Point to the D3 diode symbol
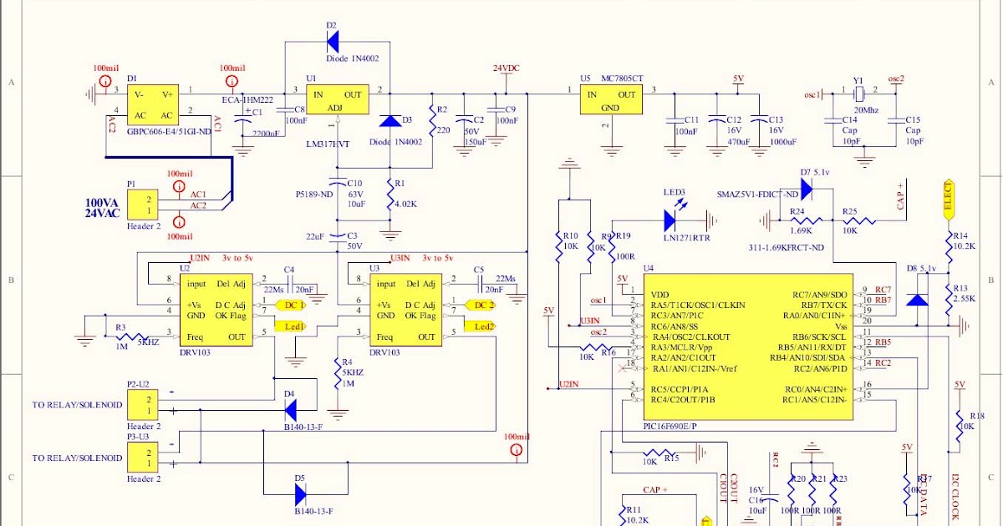pos(389,123)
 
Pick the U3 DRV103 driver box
pos(405,310)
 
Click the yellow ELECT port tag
pos(948,199)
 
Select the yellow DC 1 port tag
pos(289,306)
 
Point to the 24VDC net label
pos(507,68)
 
